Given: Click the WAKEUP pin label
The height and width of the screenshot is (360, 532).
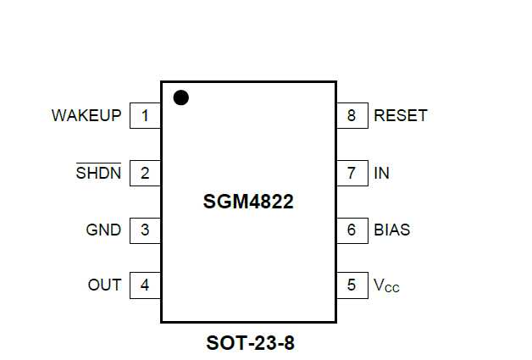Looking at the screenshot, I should coord(86,115).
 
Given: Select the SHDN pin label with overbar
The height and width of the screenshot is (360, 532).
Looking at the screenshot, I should coord(98,173).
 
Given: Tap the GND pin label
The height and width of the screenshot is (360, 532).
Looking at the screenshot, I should coord(103,230).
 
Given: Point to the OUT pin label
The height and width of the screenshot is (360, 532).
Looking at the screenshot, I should coord(104,285).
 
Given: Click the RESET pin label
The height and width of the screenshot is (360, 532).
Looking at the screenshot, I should coord(401,115).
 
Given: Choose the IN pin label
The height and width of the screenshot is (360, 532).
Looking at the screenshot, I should coord(381,173).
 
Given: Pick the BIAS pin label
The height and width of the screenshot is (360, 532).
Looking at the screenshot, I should coord(392,230).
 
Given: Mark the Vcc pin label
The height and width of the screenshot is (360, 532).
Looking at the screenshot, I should coord(386,286).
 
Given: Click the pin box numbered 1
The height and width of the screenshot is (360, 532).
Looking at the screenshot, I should coord(145,115).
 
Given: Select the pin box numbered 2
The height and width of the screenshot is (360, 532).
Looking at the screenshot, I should coord(145,173).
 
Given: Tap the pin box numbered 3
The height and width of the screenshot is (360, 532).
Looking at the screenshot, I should coord(145,230).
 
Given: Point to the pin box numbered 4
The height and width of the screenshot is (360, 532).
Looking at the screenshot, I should coord(145,285).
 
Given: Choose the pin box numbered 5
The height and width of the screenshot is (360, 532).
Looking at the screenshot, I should coord(352,285).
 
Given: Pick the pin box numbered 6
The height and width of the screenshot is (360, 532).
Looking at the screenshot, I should coord(352,230).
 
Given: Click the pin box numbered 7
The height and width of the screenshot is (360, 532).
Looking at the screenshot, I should coord(352,173).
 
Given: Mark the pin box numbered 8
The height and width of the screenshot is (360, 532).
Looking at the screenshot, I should coord(352,115).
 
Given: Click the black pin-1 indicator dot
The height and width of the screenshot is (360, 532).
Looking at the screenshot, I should coord(180,97).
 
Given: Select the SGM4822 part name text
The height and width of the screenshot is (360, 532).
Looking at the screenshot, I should coord(249,202).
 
